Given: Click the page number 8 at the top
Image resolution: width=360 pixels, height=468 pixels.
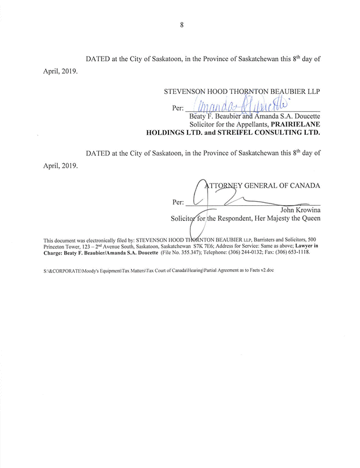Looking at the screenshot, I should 181,24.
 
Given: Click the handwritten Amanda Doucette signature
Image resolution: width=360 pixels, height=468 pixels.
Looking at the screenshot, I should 237,105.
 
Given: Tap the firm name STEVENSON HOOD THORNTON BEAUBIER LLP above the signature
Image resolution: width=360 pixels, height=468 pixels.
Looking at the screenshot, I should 242,92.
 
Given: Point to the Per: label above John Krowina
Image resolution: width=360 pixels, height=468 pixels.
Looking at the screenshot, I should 178,202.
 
